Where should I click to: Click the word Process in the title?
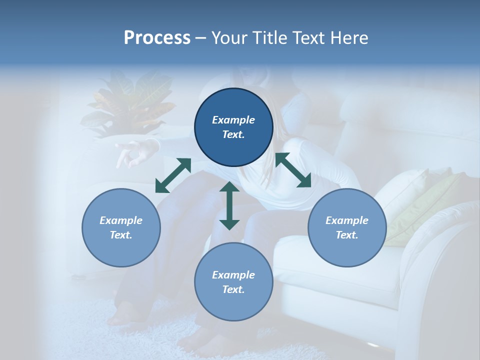coord(157,38)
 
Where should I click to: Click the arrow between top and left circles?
coord(173,175)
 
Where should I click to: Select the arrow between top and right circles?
coord(293,170)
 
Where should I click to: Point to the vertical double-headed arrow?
coord(229,205)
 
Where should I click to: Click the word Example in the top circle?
coord(233,120)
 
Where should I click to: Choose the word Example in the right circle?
coord(347,220)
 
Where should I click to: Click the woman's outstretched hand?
coord(131,152)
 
